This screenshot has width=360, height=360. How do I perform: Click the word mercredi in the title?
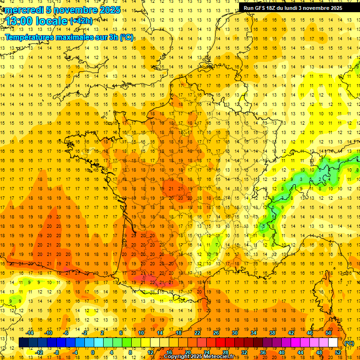(x=23, y=10)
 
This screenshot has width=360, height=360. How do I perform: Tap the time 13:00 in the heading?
(x=21, y=20)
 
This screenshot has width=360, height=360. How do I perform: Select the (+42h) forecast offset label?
(x=81, y=21)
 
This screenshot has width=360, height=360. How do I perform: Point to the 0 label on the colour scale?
(x=93, y=352)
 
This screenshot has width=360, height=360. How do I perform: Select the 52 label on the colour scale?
(x=338, y=352)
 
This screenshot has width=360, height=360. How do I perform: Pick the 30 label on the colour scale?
(x=234, y=333)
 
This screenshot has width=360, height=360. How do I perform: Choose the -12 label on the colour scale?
(x=39, y=352)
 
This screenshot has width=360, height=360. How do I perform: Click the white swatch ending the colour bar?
(x=333, y=343)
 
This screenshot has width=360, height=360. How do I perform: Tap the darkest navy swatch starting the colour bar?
(x=23, y=343)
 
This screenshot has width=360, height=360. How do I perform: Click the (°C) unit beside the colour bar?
(x=349, y=343)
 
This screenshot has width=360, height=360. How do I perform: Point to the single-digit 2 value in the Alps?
(x=320, y=179)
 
